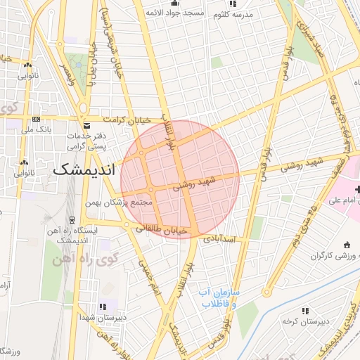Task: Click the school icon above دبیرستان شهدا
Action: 103,307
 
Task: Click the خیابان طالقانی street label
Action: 163,229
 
